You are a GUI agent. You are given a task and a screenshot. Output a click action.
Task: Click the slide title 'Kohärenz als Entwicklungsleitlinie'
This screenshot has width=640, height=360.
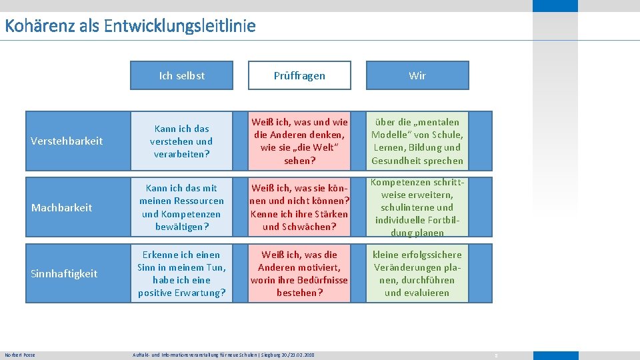130,27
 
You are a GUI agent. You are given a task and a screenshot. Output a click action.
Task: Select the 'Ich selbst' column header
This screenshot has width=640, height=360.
182,75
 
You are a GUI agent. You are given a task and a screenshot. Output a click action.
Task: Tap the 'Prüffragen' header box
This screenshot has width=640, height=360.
299,75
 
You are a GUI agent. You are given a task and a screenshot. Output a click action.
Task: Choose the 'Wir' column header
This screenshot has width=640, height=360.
417,75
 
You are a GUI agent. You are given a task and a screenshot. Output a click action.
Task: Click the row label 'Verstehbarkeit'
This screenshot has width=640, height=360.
67,141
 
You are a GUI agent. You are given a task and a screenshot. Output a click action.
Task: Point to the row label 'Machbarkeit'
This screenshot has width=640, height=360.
62,207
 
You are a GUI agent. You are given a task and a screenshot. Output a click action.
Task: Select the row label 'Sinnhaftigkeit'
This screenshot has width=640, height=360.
65,273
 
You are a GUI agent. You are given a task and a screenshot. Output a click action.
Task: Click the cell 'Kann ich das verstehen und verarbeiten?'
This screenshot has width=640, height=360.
182,141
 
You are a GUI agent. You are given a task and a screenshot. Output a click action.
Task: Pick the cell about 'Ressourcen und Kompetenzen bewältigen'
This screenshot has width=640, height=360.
182,207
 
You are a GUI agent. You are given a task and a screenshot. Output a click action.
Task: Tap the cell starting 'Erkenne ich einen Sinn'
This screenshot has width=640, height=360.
182,273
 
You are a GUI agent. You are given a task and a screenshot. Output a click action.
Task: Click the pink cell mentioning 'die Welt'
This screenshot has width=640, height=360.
299,141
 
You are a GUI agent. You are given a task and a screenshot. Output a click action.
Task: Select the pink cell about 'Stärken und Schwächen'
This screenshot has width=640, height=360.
299,207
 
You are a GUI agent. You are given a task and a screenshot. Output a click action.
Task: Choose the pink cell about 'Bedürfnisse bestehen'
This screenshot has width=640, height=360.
299,273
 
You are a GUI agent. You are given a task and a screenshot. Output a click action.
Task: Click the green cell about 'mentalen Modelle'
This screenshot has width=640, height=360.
417,141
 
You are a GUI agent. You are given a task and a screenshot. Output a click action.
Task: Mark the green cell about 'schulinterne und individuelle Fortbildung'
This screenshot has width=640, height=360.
417,207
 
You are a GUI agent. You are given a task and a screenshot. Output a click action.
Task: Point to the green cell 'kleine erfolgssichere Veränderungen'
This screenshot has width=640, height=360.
417,273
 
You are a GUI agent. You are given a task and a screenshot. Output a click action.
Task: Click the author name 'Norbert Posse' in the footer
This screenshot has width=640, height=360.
20,355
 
